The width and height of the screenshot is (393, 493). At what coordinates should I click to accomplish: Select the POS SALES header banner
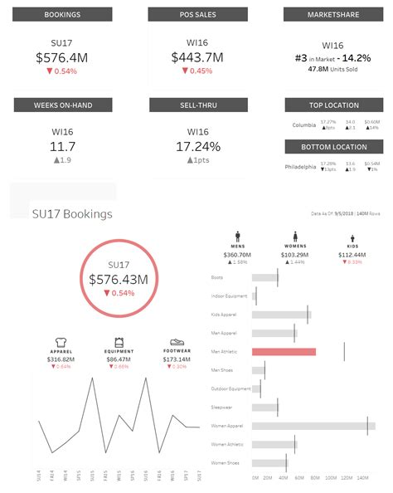click(197, 14)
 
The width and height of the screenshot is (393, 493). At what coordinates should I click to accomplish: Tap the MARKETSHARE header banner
click(333, 14)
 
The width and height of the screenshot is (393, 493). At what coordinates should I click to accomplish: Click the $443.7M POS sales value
click(197, 57)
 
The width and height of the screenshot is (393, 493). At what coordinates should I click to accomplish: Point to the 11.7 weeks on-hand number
click(63, 146)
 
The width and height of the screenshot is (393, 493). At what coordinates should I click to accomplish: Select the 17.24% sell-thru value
click(197, 146)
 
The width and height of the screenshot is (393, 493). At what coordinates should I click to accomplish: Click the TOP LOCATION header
click(333, 105)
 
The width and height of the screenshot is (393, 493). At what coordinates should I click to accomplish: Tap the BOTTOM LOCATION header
click(333, 147)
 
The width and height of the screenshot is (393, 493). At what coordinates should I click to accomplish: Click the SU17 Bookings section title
click(71, 214)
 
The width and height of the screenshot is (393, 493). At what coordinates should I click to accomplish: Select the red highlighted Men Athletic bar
click(284, 352)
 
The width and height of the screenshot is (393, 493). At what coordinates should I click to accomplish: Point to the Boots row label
click(218, 278)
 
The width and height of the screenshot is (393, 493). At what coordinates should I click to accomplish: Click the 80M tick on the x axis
click(315, 479)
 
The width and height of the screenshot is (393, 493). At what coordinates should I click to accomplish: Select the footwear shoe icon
click(176, 342)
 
